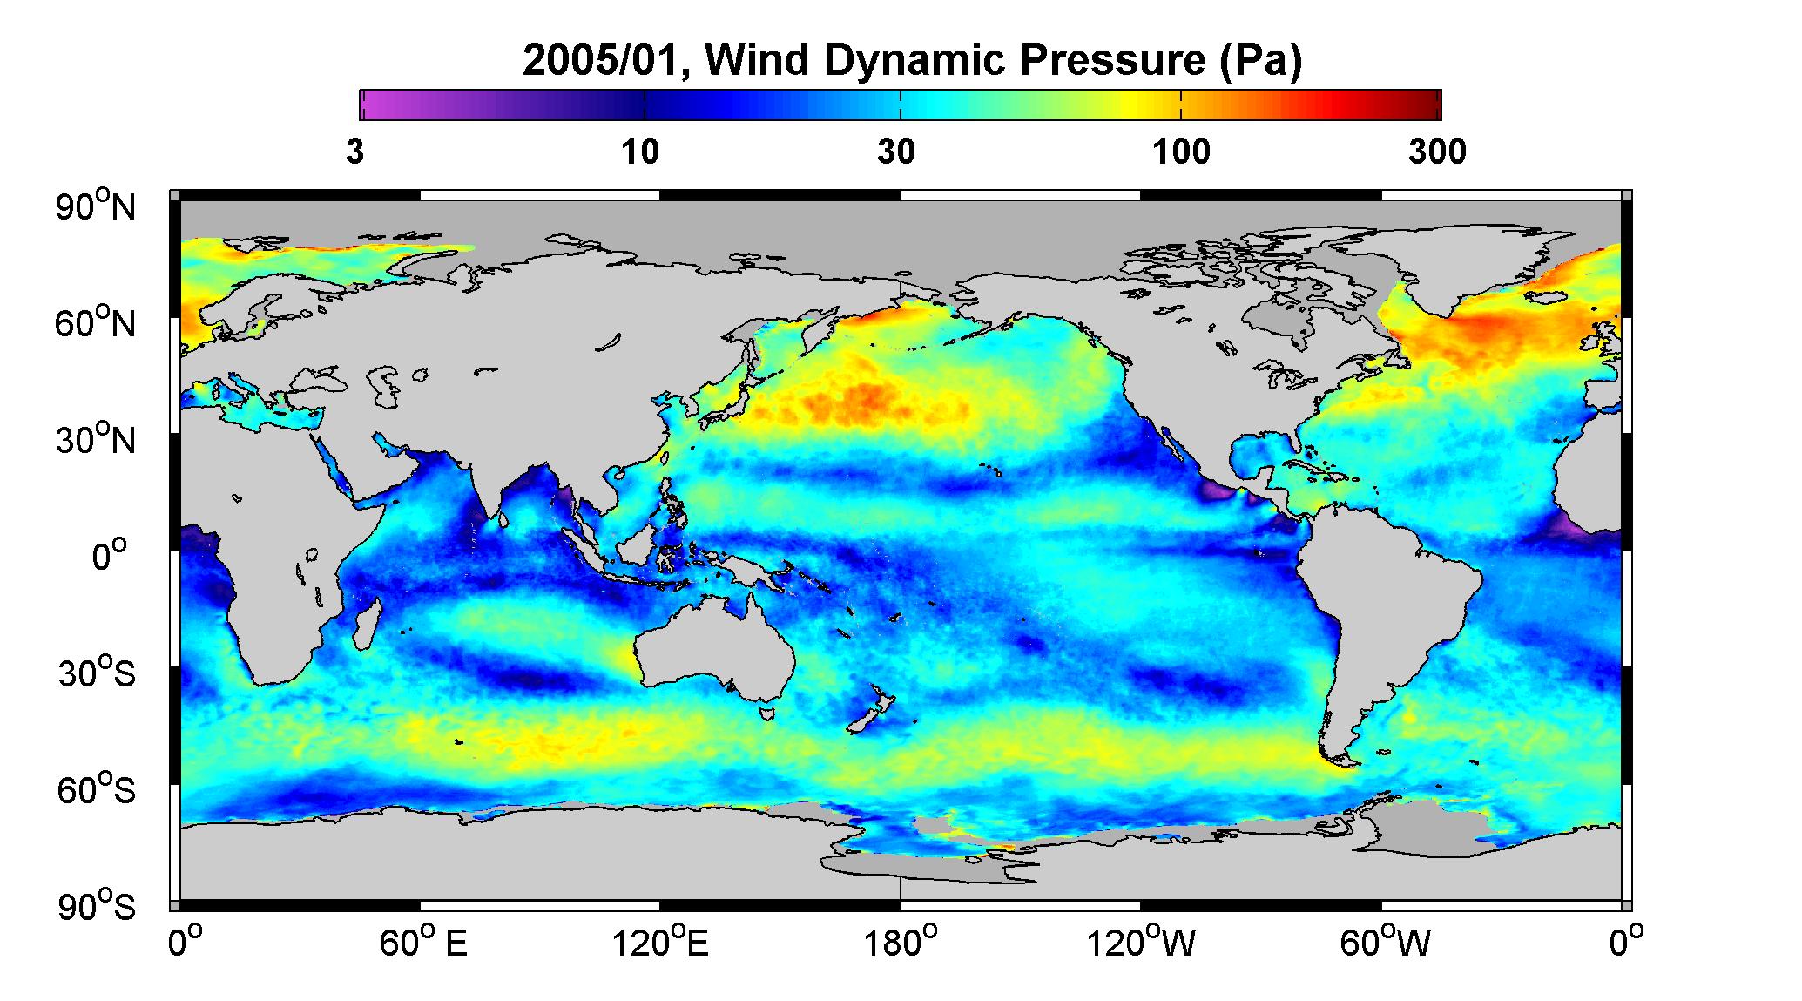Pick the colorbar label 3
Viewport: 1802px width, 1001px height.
click(x=354, y=152)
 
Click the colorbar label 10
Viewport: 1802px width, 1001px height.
click(x=640, y=152)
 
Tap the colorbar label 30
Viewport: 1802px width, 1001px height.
click(x=897, y=152)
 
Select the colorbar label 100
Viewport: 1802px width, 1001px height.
click(x=1181, y=152)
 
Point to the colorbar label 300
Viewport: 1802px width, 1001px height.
click(x=1438, y=152)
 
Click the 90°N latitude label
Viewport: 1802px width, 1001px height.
click(x=97, y=206)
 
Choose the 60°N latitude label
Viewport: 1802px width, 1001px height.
click(x=97, y=323)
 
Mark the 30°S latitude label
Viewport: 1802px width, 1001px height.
click(x=97, y=673)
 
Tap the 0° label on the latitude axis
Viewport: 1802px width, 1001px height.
click(x=110, y=555)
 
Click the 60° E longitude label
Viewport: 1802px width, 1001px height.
click(x=423, y=943)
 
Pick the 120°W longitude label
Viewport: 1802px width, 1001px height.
click(x=1141, y=943)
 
